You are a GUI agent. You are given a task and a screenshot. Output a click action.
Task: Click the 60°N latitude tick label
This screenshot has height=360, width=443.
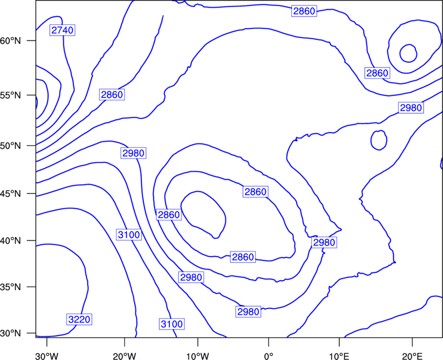point(11,41)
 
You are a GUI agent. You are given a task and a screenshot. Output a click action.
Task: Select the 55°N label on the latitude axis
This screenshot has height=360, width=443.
point(11,95)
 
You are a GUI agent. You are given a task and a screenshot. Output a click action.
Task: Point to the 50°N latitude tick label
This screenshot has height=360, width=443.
point(11,146)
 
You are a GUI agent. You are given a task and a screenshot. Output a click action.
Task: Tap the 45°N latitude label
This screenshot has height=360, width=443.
point(11,194)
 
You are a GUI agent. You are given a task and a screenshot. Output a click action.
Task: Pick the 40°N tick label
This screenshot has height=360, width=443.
point(11,241)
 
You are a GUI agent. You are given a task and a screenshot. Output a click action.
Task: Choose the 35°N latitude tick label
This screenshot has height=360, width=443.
point(11,287)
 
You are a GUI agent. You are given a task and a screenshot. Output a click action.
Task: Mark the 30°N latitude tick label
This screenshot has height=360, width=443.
point(11,333)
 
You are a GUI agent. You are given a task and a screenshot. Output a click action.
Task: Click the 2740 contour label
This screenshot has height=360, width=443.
point(62,30)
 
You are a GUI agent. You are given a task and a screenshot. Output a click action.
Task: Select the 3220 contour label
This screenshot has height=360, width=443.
point(79,320)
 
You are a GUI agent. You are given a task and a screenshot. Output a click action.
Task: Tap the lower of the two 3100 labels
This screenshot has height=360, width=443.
point(172,324)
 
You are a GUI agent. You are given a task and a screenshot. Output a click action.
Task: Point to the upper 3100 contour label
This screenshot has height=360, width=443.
point(129,235)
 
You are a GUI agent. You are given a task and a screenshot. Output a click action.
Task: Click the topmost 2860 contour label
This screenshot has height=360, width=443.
point(304,11)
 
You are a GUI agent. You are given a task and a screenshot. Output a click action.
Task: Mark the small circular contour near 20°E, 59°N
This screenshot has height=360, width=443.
point(400,53)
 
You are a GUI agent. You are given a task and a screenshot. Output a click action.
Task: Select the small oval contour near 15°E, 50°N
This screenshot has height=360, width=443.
point(370,140)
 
